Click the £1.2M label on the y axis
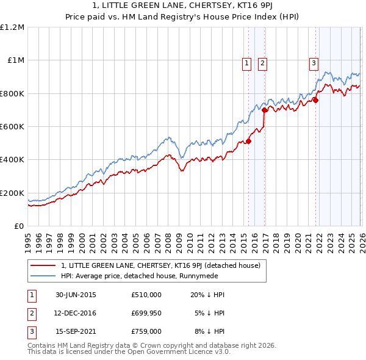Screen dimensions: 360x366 (x=12, y=27)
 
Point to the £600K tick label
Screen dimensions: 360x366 (x=12, y=127)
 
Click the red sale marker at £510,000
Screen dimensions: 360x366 (x=248, y=142)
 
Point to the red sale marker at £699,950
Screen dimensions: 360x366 (x=264, y=110)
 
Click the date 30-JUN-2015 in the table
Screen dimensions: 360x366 (x=76, y=295)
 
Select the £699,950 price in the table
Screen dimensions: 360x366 (x=146, y=313)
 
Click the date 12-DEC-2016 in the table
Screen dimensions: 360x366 (x=76, y=313)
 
